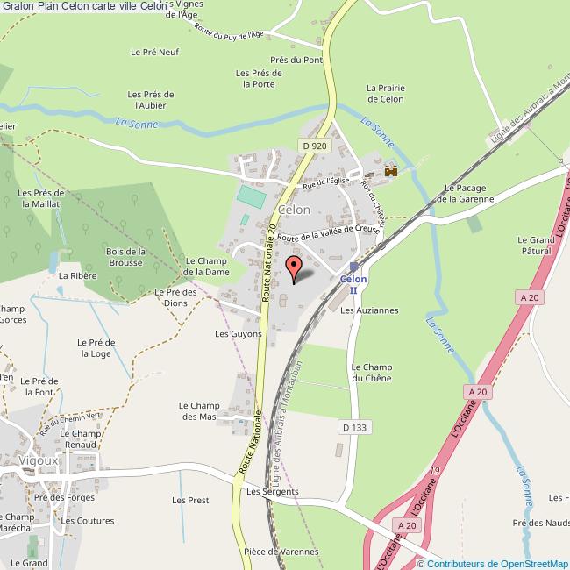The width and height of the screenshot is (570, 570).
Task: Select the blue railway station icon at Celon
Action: [353, 267]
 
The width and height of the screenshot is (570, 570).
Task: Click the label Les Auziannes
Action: [369, 310]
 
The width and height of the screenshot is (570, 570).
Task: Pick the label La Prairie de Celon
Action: [385, 94]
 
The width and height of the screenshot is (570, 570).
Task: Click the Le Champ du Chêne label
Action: [370, 372]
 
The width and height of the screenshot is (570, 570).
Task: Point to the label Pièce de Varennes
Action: [281, 552]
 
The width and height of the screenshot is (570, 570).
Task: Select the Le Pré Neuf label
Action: [154, 52]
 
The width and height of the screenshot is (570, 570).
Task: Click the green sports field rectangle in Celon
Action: [251, 196]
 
